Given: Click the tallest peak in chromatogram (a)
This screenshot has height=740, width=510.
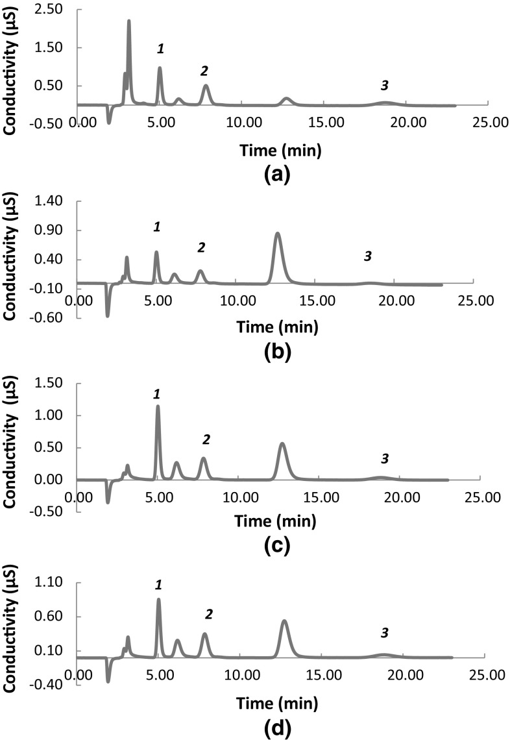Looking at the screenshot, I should (128, 22).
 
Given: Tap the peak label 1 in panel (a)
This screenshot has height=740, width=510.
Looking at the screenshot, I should (160, 49).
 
